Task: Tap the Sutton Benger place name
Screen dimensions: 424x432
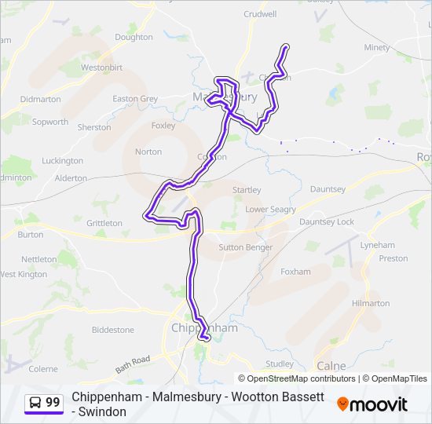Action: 243,247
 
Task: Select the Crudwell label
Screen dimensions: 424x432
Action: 260,14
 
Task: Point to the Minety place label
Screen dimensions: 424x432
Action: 377,48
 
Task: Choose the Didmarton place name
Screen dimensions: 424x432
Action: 40,100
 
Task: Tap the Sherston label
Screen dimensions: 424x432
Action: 94,127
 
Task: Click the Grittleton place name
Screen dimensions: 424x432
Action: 104,223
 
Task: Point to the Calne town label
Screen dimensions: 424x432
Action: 331,366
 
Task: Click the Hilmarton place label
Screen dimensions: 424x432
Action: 371,303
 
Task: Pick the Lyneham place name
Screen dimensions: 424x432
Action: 377,245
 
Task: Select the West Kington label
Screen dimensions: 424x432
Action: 24,274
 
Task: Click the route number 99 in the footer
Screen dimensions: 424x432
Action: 53,403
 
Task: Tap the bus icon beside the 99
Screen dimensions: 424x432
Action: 35,403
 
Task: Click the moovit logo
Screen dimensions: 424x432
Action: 372,404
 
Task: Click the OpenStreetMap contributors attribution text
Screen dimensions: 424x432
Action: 302,378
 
